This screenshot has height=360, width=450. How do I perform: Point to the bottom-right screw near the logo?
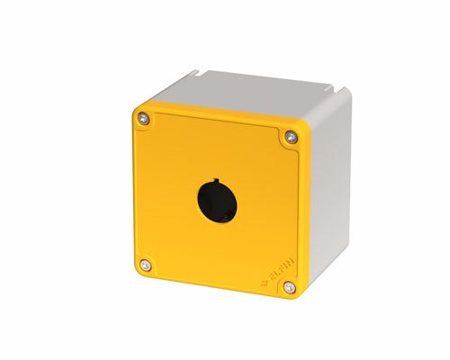[x=288, y=287]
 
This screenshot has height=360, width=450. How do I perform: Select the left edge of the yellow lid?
[x=134, y=189]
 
